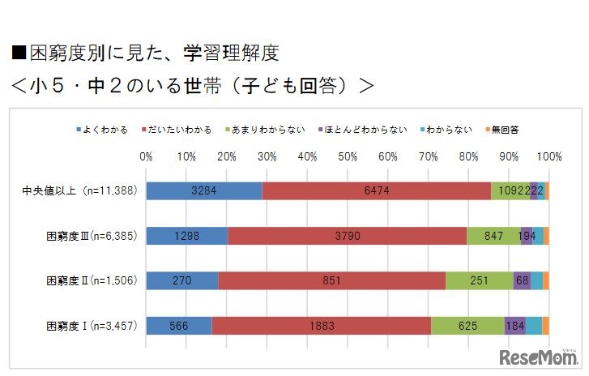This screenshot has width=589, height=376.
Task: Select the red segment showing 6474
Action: click(x=377, y=190)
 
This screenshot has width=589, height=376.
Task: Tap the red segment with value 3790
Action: click(x=348, y=236)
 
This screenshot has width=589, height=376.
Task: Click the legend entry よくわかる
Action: click(x=103, y=129)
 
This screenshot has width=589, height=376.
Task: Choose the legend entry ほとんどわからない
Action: click(x=365, y=129)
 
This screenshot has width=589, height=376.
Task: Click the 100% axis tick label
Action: click(x=548, y=156)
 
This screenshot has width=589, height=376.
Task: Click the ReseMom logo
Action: click(x=538, y=357)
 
